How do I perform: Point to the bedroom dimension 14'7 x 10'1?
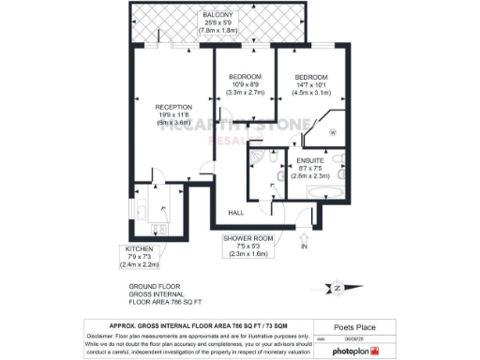[x=312, y=84]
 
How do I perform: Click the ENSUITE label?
[x=309, y=160]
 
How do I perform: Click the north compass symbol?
[x=336, y=288]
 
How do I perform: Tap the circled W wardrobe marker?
[x=333, y=131]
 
